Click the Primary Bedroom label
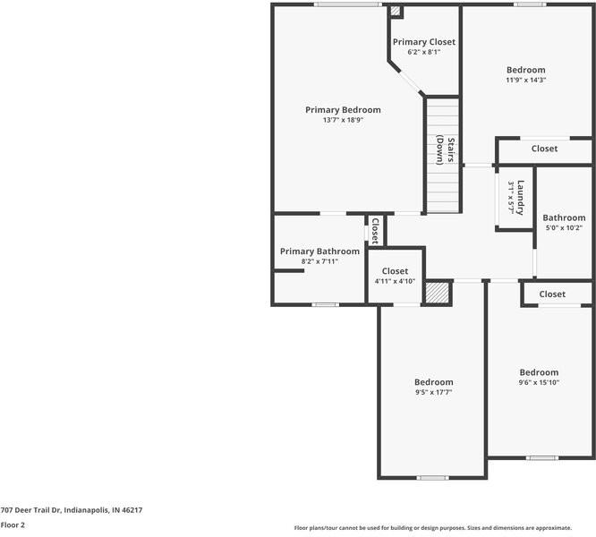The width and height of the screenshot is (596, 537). click(x=343, y=110)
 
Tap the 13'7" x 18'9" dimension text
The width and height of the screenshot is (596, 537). click(x=344, y=120)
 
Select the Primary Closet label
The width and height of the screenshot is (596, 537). click(x=424, y=42)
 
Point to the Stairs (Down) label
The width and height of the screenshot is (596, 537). click(x=445, y=150)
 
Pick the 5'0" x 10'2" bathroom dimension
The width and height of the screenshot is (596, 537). click(x=564, y=228)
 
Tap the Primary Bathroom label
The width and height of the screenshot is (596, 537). click(x=319, y=251)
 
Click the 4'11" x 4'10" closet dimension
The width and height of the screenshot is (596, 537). click(x=395, y=281)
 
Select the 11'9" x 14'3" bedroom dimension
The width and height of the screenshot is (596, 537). click(x=526, y=81)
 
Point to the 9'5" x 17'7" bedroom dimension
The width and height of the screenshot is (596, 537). click(x=434, y=392)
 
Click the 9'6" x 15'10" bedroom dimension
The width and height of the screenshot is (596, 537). click(x=539, y=382)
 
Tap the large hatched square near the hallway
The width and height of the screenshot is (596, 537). click(x=438, y=293)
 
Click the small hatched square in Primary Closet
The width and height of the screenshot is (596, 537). click(x=396, y=11)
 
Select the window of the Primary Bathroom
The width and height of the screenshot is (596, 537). click(x=326, y=304)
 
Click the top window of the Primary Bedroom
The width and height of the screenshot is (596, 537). click(x=348, y=4)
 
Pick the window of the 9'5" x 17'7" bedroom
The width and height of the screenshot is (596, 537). click(x=432, y=478)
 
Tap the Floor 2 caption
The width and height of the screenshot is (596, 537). click(x=13, y=525)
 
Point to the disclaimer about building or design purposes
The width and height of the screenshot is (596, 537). click(x=433, y=528)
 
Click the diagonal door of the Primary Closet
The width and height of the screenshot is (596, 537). click(x=410, y=81)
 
